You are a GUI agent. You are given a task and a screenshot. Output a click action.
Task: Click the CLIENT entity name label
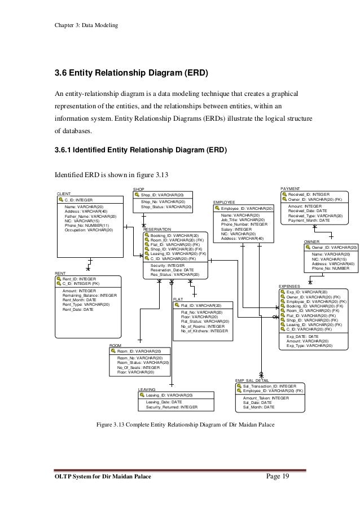coord(64,194)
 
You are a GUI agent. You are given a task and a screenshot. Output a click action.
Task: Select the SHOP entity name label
coord(139,188)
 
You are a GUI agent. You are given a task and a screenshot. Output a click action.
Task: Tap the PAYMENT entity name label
coord(290,188)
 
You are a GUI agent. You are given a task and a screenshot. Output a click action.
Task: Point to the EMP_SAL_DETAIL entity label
coord(252,381)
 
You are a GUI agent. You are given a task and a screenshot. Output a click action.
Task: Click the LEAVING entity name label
coord(147,390)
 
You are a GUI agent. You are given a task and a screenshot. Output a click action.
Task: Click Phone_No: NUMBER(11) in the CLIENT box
coord(87,225)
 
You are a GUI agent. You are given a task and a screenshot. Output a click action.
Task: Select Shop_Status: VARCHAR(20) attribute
coord(166,206)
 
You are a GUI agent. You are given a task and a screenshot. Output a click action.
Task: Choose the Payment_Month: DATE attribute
coord(309,221)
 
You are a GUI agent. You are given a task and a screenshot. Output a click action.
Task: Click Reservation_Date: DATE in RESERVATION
coord(172,270)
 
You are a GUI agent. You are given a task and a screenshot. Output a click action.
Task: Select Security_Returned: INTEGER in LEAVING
coord(172,406)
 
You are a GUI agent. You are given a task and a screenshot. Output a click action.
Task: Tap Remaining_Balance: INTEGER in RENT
coord(90,295)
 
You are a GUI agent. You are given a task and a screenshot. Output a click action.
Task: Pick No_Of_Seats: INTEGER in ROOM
coord(138,367)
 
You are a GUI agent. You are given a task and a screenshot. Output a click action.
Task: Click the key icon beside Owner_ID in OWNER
coord(307,247)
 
